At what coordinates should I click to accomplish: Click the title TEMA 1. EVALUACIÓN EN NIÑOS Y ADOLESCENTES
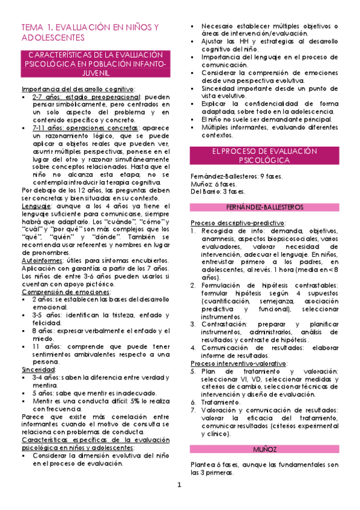tap(90, 32)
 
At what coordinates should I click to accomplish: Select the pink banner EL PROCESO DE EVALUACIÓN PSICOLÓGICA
tap(265, 156)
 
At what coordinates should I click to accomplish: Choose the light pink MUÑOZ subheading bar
tap(265, 449)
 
